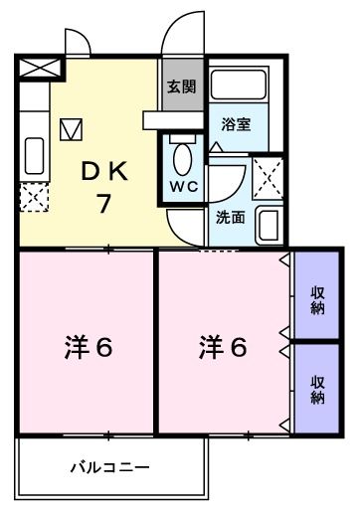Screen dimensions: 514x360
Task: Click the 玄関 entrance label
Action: point(181,86)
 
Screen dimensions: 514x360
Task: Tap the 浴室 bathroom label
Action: point(236,126)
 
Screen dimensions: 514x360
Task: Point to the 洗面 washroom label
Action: point(232,217)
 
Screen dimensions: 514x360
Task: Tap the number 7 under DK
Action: point(102,205)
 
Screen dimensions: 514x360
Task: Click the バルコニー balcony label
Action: point(110,466)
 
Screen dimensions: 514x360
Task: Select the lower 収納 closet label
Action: point(317,389)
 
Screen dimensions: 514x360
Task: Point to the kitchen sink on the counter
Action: point(33,155)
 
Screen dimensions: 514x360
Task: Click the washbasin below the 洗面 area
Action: point(268,224)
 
